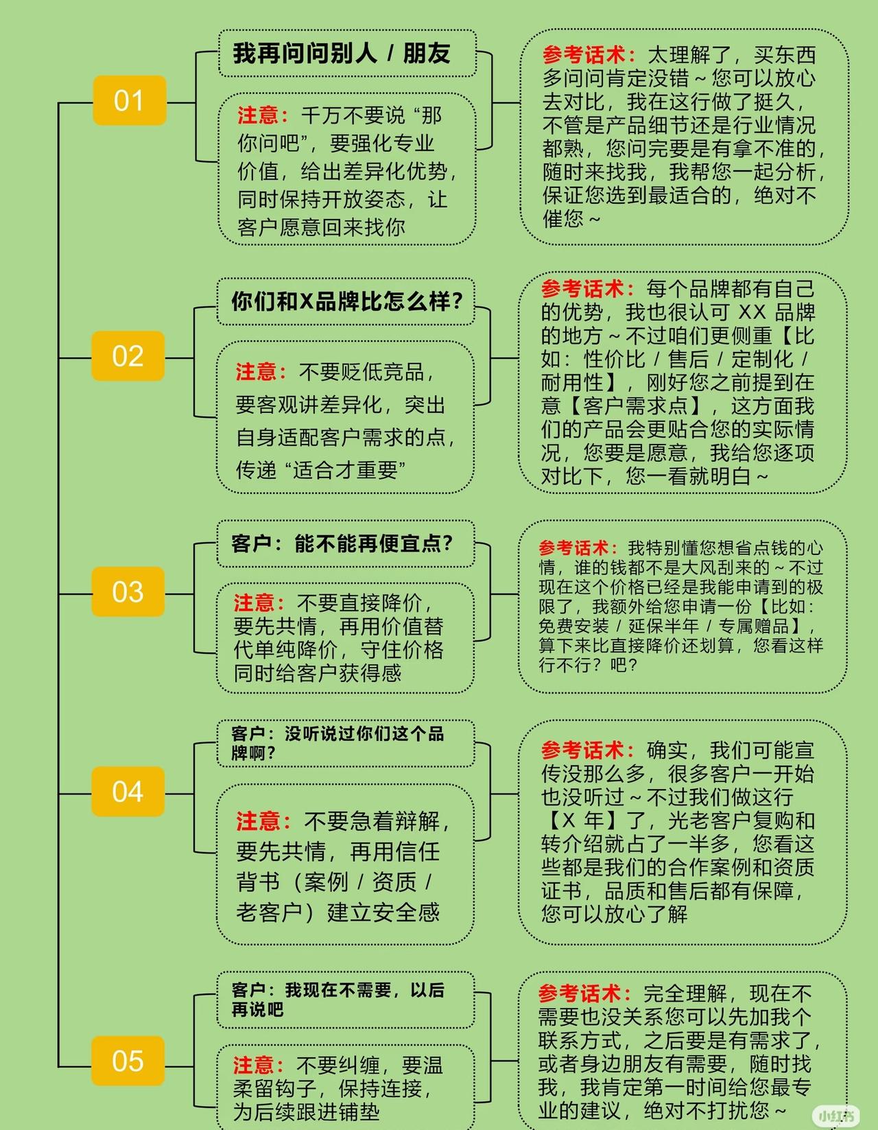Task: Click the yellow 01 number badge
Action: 129,101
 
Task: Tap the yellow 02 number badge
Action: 128,356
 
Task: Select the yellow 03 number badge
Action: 128,591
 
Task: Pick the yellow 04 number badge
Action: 128,791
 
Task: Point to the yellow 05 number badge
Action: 128,1061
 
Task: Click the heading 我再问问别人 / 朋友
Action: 342,54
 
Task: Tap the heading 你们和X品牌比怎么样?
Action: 347,301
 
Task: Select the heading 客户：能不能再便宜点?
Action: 342,544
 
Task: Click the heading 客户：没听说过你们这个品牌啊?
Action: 337,743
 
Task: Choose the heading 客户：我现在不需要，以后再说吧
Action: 337,1000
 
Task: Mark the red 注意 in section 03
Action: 254,603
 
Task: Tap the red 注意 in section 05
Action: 254,1066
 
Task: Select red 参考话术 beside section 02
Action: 582,289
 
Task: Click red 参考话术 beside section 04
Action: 582,751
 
